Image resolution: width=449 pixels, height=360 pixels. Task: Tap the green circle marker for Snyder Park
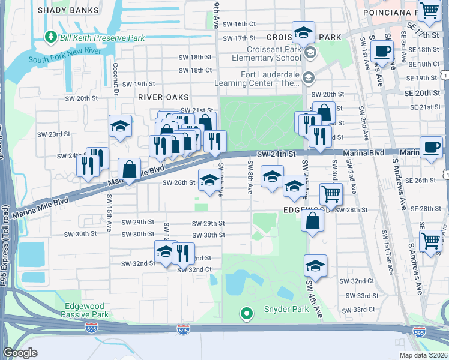click(x=246, y=312)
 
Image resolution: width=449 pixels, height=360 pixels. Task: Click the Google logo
click(x=20, y=353)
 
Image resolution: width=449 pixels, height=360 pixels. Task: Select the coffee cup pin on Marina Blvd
click(x=430, y=148)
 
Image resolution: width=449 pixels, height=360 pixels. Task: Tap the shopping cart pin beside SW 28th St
click(x=331, y=194)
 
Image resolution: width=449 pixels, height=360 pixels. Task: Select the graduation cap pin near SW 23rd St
click(x=120, y=127)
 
